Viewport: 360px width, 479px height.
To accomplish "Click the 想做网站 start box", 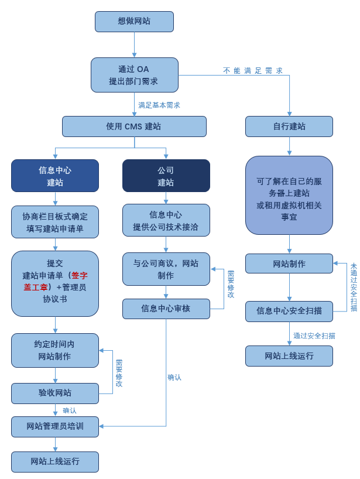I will (134, 21).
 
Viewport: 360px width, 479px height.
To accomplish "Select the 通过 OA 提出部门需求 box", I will (134, 75).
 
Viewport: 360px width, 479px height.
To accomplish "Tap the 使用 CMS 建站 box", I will (134, 126).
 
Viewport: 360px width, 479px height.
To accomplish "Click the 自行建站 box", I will (289, 126).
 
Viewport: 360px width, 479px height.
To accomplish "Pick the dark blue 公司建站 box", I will (166, 176).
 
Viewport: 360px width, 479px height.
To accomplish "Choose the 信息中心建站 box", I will (55, 176).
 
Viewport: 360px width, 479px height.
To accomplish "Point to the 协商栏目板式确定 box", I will (55, 222).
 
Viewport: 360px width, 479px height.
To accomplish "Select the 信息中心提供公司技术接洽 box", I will (166, 220).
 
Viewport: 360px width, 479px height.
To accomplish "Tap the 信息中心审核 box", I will (166, 309).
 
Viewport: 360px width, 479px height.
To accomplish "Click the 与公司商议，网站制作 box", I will (166, 269).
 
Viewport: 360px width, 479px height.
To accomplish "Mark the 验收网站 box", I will (55, 393).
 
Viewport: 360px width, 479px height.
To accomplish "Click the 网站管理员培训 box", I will (55, 426).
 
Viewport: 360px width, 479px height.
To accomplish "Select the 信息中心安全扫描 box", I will (289, 311).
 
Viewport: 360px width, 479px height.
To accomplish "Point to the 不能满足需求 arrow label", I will (253, 70).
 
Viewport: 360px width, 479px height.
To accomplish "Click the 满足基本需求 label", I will (159, 105).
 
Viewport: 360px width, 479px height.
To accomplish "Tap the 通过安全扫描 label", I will (314, 336).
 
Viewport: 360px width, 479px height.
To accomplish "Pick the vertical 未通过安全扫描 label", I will (354, 287).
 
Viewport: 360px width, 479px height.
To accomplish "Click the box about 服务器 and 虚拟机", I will (289, 195).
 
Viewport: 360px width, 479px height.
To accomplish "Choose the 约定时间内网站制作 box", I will (55, 350).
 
